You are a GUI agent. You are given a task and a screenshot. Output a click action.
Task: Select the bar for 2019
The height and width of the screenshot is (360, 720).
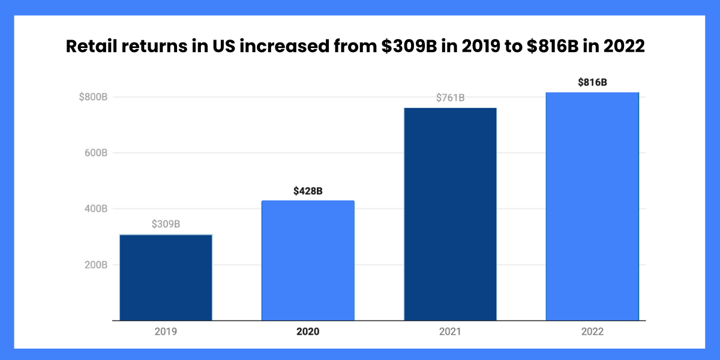pyautogui.click(x=166, y=277)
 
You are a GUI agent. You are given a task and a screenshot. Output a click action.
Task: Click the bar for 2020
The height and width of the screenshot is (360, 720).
pyautogui.click(x=308, y=260)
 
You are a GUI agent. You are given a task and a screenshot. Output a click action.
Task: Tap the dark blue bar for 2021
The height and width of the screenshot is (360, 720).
pyautogui.click(x=450, y=214)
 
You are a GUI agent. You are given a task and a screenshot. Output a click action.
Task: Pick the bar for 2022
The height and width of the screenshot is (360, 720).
pyautogui.click(x=592, y=206)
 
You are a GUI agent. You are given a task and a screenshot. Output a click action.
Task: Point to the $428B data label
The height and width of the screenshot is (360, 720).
pyautogui.click(x=308, y=191)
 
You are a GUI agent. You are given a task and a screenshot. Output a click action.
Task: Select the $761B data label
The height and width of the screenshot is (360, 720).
pyautogui.click(x=450, y=98)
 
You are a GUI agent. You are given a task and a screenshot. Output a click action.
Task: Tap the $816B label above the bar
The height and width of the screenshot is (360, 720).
pyautogui.click(x=592, y=83)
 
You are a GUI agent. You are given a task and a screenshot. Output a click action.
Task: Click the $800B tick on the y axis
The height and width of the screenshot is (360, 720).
pyautogui.click(x=93, y=97)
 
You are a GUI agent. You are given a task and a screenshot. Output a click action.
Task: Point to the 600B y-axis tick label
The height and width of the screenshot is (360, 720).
pyautogui.click(x=95, y=153)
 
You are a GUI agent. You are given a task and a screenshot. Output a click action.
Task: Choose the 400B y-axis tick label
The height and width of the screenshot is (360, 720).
pyautogui.click(x=95, y=209)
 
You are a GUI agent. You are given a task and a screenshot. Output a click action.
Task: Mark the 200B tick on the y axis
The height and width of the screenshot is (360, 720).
pyautogui.click(x=95, y=265)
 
